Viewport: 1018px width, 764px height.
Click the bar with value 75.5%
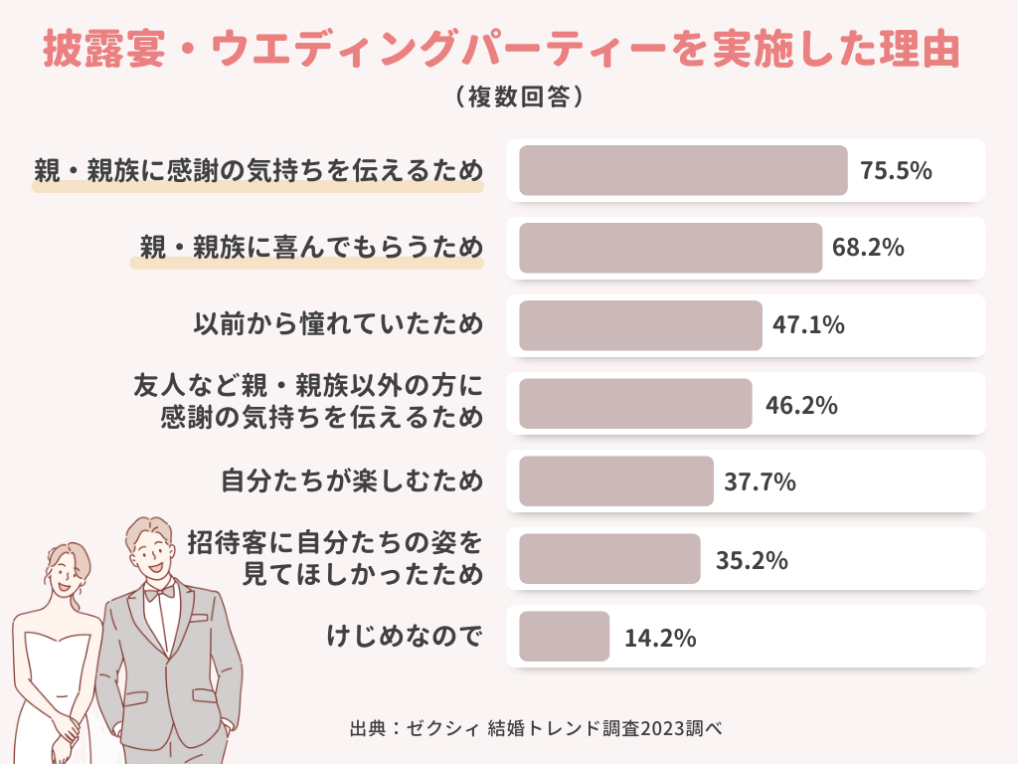pyautogui.click(x=683, y=171)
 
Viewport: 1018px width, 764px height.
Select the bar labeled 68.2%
pyautogui.click(x=670, y=248)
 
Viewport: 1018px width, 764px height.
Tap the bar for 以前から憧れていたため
pyautogui.click(x=640, y=325)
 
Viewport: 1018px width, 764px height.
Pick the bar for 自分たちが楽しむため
pyautogui.click(x=616, y=481)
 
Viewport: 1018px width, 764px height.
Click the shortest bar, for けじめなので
pyautogui.click(x=564, y=637)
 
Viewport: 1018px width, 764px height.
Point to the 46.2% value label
pyautogui.click(x=801, y=405)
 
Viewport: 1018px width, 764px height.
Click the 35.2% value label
pyautogui.click(x=752, y=560)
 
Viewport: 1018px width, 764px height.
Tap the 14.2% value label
pyautogui.click(x=660, y=638)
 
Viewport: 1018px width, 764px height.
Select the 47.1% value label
pyautogui.click(x=808, y=324)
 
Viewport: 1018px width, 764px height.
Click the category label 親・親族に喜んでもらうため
pyautogui.click(x=311, y=248)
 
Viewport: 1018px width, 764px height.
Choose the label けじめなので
pyautogui.click(x=405, y=637)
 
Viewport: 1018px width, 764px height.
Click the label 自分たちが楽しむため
pyautogui.click(x=352, y=482)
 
